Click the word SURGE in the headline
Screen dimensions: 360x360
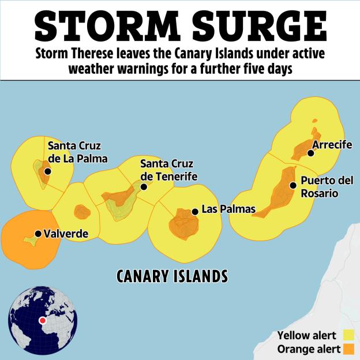point(254,24)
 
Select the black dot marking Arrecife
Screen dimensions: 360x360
point(310,153)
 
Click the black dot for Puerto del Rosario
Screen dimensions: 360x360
point(293,185)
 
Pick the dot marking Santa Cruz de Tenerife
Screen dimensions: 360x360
point(144,187)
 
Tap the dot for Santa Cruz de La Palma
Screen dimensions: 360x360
point(47,171)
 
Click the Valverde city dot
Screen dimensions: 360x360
point(38,234)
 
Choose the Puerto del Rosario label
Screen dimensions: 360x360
point(327,187)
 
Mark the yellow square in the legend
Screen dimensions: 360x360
point(348,335)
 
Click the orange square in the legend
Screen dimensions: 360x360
point(348,349)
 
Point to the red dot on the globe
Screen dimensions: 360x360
point(42,321)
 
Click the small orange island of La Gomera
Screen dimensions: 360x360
point(82,211)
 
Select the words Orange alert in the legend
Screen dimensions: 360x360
point(306,349)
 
